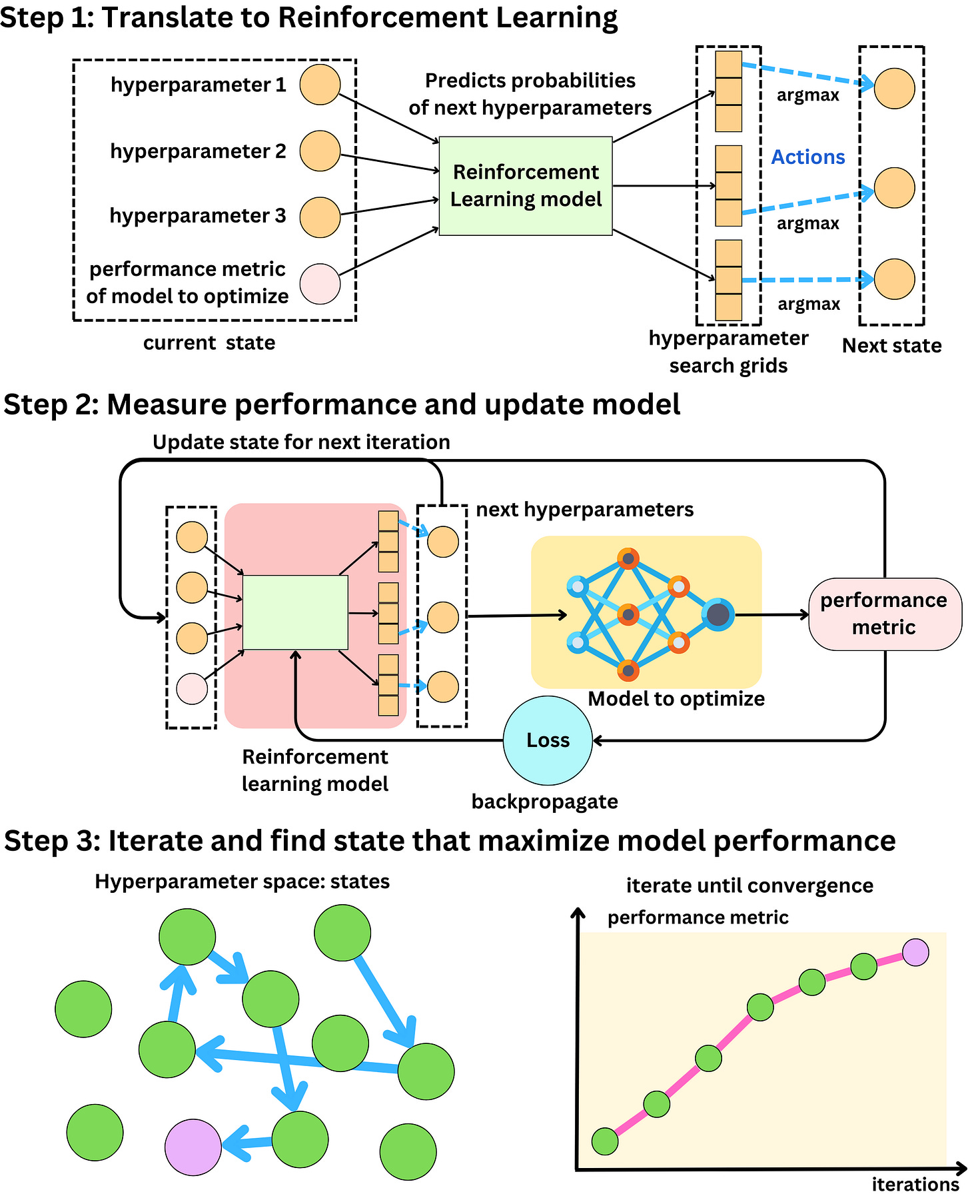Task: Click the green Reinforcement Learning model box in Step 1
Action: pos(525,186)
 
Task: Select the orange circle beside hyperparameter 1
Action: pos(320,85)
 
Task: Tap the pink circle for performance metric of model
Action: pos(320,284)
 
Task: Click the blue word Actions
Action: pos(807,157)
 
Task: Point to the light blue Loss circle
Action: pos(547,740)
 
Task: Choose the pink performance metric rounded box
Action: pos(884,614)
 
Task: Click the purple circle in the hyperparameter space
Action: pos(193,1147)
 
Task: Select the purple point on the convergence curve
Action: pos(915,952)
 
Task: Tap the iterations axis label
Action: pos(915,1185)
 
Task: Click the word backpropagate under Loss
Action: pos(544,802)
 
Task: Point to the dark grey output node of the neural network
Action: pos(718,614)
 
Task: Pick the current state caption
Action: pos(209,343)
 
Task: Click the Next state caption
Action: pos(891,346)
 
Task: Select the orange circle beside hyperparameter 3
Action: pos(320,217)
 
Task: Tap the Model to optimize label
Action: pos(676,699)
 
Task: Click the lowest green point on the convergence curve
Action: pos(605,1141)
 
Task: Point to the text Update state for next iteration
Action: pos(301,442)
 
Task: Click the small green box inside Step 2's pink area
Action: pos(295,612)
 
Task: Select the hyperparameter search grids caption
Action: pos(728,352)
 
